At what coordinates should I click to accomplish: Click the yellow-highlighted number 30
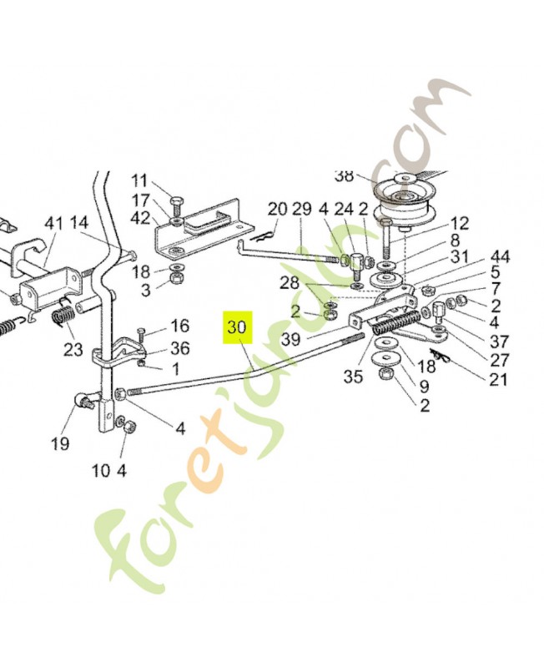coord(238,327)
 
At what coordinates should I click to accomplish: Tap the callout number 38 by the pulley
coord(344,176)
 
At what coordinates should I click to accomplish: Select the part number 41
coord(54,223)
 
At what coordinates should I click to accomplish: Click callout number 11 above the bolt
coord(139,180)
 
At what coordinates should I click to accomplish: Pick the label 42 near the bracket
coord(140,218)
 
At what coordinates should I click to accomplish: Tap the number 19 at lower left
coord(59,443)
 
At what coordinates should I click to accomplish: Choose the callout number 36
coord(180,348)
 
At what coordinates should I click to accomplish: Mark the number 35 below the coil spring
coord(353,377)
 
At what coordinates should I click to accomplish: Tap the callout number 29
coord(301,209)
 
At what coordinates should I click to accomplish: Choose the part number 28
coord(289,283)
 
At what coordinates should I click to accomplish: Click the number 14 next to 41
coord(79,223)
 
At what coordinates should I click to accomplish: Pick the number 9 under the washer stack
coord(424,387)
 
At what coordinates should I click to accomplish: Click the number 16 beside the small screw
coord(179,326)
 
